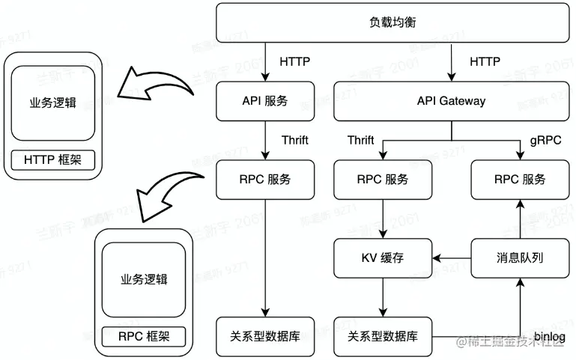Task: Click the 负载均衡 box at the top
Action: (392, 22)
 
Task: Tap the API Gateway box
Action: (451, 101)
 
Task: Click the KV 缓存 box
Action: (383, 257)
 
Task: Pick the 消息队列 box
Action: (519, 257)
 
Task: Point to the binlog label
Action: (551, 336)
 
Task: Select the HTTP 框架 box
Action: (52, 159)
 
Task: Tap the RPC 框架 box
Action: (143, 336)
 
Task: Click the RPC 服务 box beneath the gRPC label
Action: (519, 180)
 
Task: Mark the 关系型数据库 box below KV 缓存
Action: (383, 336)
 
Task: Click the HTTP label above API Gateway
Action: (485, 61)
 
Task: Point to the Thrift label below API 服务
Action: (294, 140)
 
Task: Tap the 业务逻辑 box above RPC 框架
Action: (143, 279)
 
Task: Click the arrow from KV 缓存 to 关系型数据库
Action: (383, 296)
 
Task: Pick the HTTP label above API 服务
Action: (294, 61)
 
